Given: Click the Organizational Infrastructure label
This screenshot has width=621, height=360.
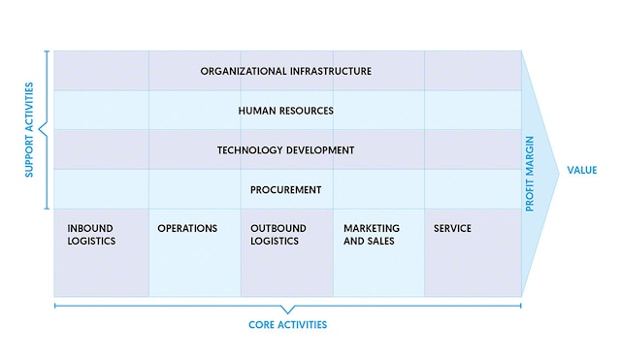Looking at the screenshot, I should coord(286,71).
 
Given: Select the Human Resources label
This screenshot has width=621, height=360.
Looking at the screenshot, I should coord(286,111).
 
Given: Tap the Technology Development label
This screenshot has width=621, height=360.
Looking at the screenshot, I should coord(286,150).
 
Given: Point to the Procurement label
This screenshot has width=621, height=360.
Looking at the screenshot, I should coord(286,190).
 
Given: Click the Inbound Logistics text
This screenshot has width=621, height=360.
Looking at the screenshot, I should coord(91,235).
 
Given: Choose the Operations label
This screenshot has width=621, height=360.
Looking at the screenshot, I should coord(187,229).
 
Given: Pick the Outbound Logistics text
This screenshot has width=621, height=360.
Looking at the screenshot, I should coord(278,235).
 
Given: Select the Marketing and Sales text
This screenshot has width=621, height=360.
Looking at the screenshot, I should coord(372,235).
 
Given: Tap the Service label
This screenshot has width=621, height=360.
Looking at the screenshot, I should coord(452,229).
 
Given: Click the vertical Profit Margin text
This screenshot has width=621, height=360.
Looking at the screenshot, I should coord(530,174).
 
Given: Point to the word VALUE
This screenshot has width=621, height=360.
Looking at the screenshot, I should coord(582,170).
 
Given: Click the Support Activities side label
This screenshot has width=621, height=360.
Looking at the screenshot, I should coord(30,131).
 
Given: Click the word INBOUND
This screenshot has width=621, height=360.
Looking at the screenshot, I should coord(90,229).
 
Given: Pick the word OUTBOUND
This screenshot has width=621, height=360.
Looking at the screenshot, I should coord(278,229).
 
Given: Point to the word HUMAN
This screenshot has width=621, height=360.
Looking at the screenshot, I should coord(255,111).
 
